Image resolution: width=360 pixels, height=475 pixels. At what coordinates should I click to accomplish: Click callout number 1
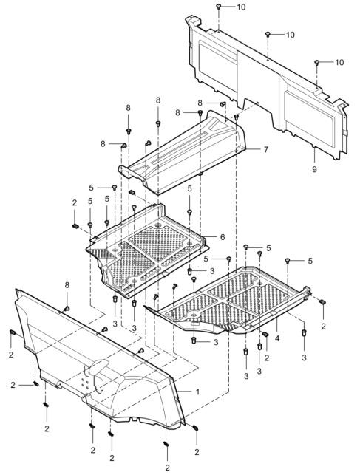pos(197,392)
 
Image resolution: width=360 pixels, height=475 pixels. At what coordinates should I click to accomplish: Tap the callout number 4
pos(277,338)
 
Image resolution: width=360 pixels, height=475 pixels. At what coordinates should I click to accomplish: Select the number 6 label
pos(223,237)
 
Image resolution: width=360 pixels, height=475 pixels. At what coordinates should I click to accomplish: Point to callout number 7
pos(266,149)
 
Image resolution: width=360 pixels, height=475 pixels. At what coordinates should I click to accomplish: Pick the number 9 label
pos(314,169)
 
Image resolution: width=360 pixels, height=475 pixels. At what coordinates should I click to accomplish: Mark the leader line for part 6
pos(210,236)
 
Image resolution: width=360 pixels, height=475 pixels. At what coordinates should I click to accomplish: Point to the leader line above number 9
pos(314,155)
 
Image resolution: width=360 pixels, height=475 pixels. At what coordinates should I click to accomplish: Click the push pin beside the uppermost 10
pos(218,7)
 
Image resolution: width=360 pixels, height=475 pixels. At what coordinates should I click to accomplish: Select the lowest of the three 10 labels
pos(339,62)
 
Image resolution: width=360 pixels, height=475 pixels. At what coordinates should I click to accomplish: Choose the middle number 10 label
pos(290,35)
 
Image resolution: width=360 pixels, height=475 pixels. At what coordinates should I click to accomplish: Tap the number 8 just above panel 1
pos(67,284)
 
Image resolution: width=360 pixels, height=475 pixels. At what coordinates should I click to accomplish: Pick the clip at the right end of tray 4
pos(323,301)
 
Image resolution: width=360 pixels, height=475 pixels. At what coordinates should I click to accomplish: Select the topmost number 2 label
pos(75,203)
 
